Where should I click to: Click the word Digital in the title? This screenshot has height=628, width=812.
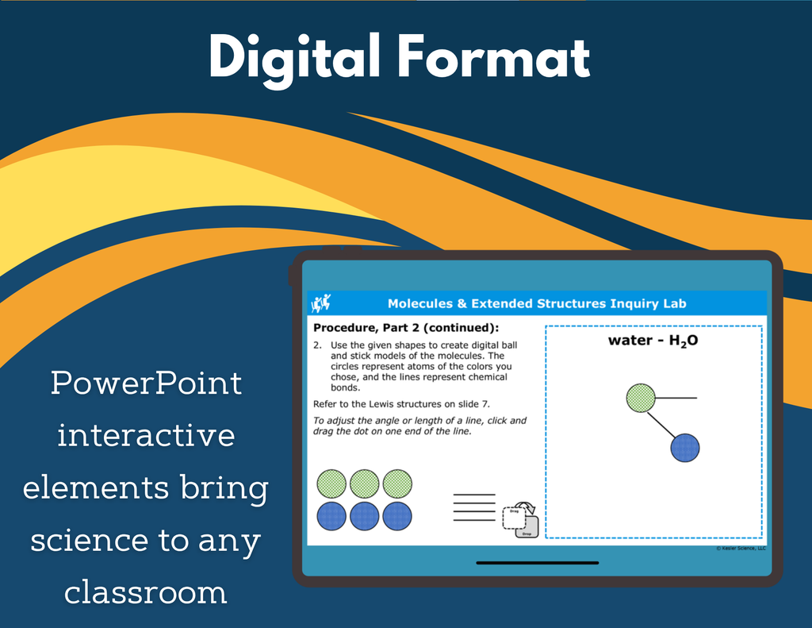click(295, 58)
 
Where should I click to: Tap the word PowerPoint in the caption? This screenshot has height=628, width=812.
click(146, 383)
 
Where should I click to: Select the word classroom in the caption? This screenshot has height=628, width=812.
click(146, 591)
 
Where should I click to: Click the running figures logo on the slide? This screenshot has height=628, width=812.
click(320, 302)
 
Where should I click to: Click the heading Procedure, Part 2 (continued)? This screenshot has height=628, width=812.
click(406, 328)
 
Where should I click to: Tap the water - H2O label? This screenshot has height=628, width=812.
click(653, 341)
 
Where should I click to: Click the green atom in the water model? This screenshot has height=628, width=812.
click(641, 399)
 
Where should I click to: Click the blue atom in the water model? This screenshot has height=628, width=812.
click(684, 448)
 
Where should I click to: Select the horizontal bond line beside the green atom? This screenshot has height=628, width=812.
click(676, 399)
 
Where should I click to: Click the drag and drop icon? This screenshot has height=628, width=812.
click(520, 519)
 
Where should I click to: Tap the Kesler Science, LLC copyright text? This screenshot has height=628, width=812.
click(741, 548)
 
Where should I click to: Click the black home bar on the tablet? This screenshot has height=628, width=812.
click(537, 563)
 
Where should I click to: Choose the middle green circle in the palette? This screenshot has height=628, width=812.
click(364, 484)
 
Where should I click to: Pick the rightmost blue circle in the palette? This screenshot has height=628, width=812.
click(397, 516)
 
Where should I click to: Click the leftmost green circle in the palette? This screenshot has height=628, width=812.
click(331, 484)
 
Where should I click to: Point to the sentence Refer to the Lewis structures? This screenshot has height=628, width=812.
click(401, 404)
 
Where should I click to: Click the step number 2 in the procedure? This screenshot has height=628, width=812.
click(317, 345)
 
